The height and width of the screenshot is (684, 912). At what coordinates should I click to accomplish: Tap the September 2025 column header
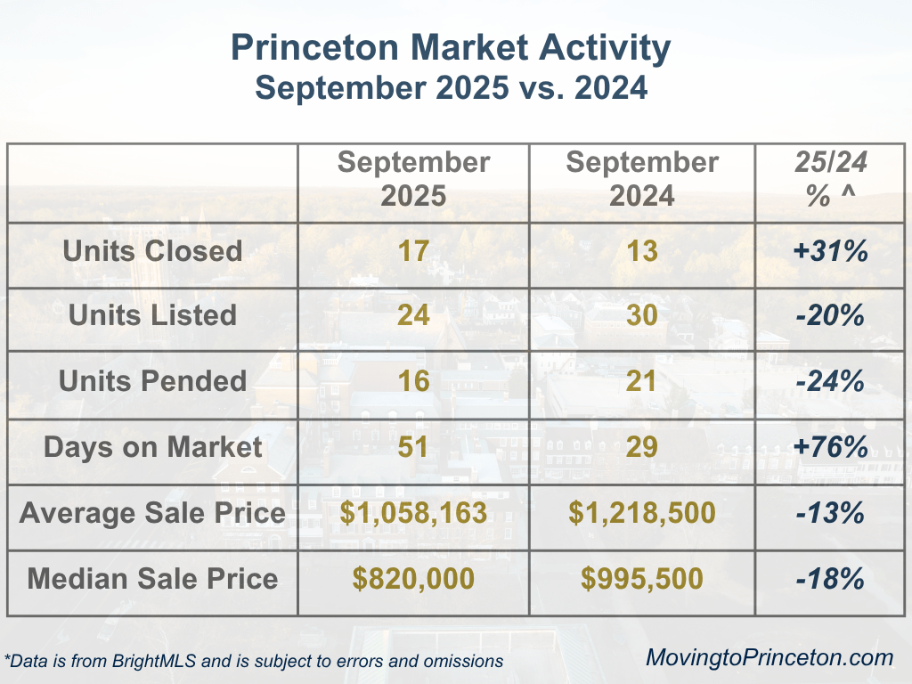413,178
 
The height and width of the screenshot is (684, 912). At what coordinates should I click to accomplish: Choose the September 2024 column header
642,178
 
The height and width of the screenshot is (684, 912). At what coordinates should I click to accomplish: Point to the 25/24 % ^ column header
830,178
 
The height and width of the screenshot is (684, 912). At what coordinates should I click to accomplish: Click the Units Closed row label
152,250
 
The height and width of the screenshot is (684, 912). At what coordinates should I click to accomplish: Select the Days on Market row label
152,447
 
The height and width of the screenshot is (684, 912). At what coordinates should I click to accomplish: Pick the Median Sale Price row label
152,579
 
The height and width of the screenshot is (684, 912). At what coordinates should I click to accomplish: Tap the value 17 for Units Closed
413,250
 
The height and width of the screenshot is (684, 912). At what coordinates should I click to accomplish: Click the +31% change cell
830,250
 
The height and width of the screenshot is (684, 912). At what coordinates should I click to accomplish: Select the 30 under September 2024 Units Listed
642,315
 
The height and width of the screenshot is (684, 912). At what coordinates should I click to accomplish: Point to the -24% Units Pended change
830,381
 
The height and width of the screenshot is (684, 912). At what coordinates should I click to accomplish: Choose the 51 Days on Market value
413,447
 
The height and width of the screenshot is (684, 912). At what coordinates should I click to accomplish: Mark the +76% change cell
830,447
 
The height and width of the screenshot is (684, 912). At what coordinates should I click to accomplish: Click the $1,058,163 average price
413,513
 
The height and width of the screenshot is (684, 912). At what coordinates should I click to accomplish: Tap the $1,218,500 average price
642,513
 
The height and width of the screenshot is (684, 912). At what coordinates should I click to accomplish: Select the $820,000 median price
413,579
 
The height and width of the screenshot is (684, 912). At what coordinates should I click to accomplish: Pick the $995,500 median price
642,579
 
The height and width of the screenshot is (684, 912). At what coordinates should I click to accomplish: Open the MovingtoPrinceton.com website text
769,658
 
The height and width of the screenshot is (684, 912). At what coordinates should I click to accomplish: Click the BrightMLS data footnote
254,661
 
